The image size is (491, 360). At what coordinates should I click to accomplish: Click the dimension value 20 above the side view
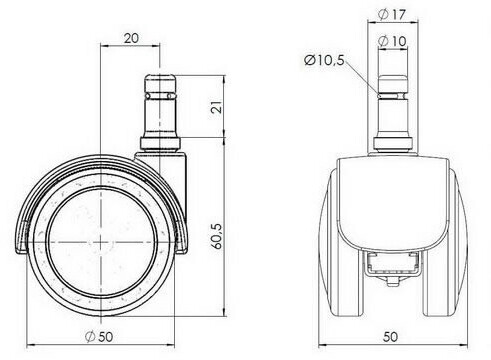click(131, 38)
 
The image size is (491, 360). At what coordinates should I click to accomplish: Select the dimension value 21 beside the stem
click(217, 107)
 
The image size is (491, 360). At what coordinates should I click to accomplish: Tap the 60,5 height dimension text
click(217, 236)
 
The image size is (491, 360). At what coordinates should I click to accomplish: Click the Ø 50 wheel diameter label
click(99, 336)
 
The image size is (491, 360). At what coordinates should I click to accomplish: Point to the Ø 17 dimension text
click(392, 14)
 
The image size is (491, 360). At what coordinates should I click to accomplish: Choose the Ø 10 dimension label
click(393, 41)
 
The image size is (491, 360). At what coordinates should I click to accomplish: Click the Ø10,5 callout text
click(324, 60)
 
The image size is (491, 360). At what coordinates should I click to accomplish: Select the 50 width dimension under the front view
click(390, 337)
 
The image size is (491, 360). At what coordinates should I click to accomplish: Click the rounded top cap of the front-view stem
click(393, 83)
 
